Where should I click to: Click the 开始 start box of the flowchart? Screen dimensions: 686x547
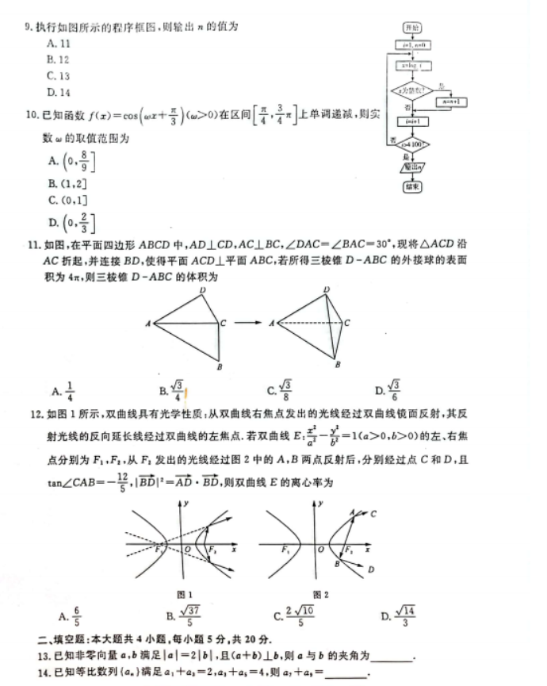point(411,28)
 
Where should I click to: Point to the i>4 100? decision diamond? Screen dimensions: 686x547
point(411,145)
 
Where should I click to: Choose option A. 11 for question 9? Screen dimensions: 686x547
point(59,44)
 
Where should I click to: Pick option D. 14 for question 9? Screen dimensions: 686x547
point(59,93)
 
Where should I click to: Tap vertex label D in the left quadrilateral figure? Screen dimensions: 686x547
point(202,289)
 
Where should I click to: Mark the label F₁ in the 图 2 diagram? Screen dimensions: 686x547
point(283,550)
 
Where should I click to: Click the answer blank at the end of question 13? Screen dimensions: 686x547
point(392,657)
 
